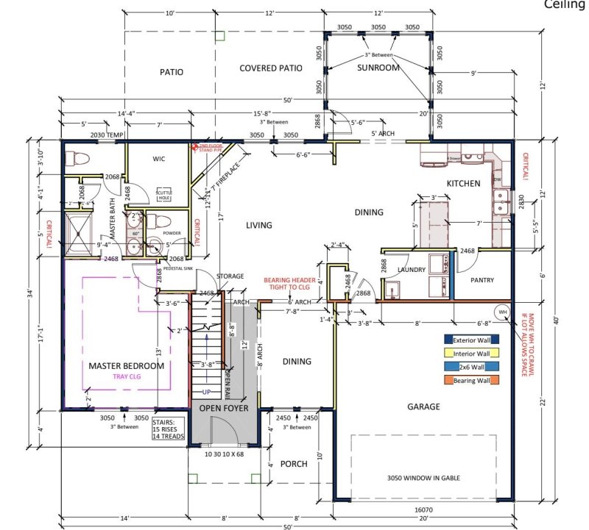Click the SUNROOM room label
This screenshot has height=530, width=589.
pos(378,68)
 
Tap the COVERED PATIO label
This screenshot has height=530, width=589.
pos(271,68)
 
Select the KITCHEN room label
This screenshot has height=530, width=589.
pos(463,183)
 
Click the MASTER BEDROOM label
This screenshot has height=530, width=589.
pos(126,365)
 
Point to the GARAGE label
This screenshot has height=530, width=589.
pos(424,407)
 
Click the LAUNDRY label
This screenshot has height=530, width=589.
pos(412,270)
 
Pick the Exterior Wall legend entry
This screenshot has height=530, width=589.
pos(471,340)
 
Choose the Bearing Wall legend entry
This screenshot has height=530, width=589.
pos(471,379)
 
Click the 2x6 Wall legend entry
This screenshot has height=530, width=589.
pos(471,366)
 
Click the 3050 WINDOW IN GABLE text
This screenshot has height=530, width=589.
pos(424,478)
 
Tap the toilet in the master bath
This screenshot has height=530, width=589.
pos(75,159)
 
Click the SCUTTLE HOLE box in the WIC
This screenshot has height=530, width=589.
pos(163,196)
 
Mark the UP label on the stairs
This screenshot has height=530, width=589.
pos(208,392)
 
